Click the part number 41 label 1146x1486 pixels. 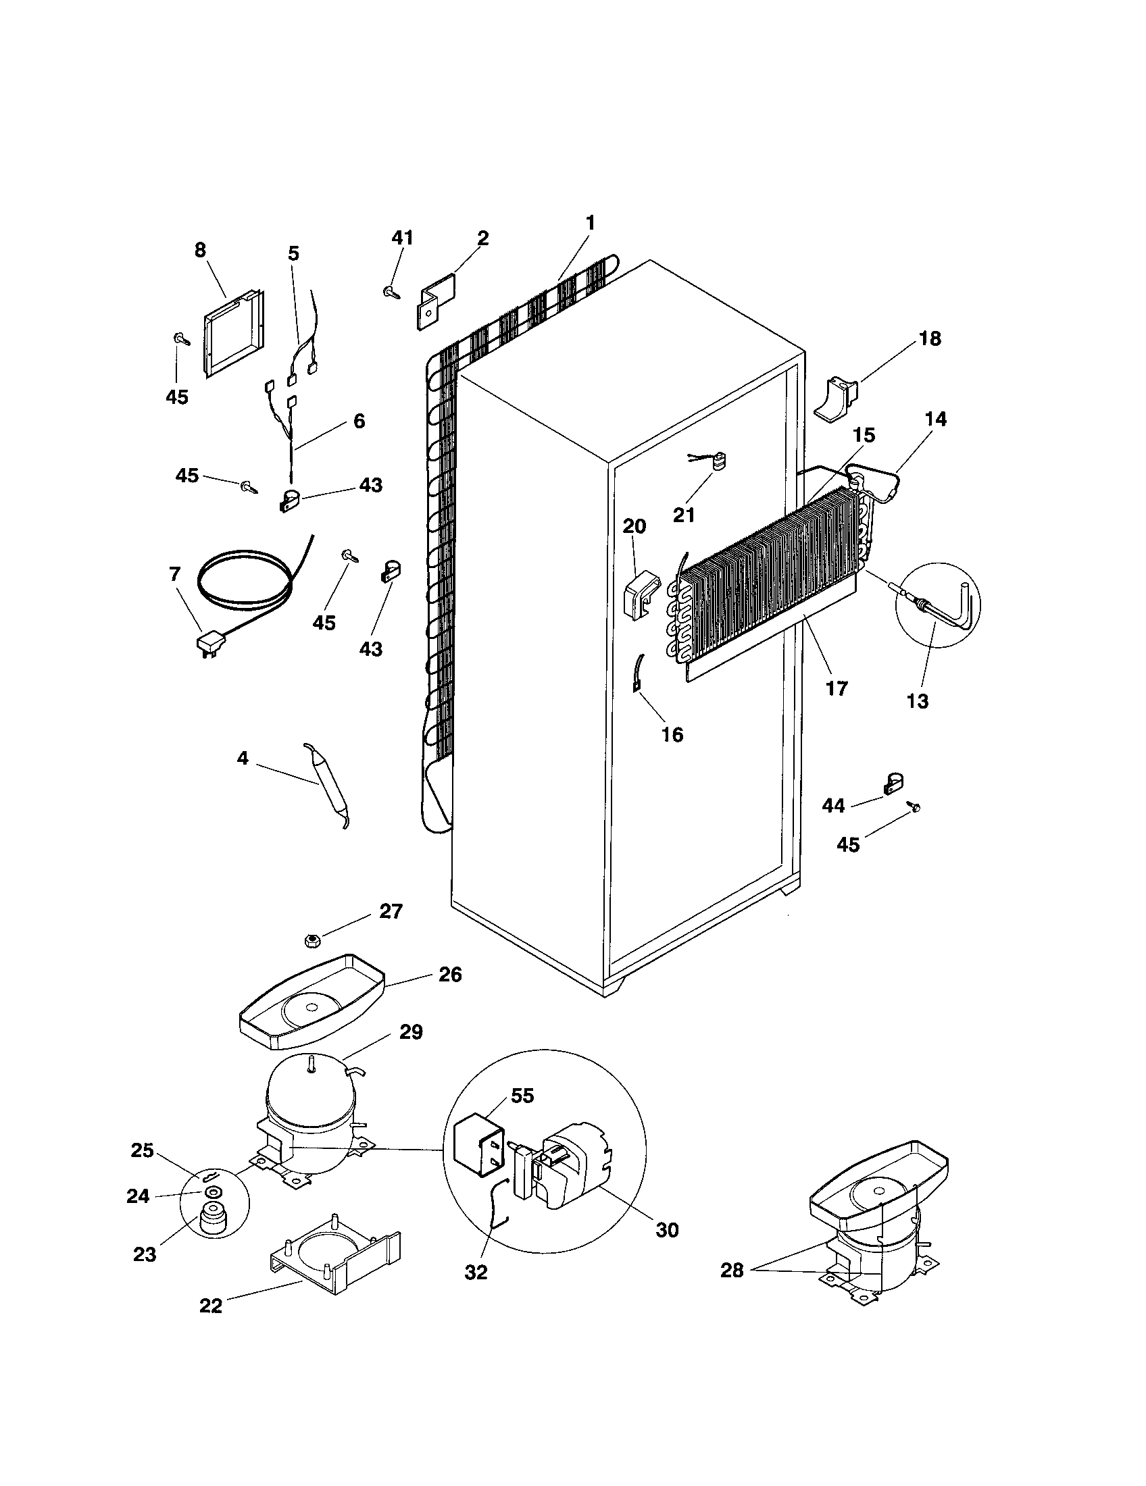(x=401, y=238)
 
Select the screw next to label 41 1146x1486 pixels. (x=391, y=292)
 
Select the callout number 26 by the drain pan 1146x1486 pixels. (x=450, y=975)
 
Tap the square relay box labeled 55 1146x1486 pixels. (x=478, y=1148)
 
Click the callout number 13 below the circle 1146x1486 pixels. (x=918, y=702)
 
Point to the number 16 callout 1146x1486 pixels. (x=672, y=735)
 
